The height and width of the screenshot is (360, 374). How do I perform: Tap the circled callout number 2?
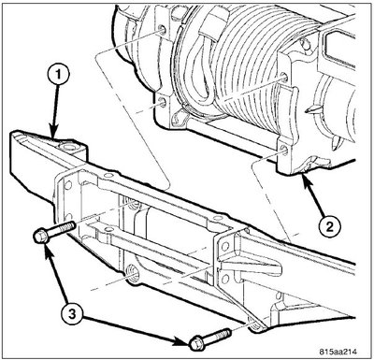329,225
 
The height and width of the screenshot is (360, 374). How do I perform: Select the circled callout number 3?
72,313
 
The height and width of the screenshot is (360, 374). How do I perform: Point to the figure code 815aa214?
338,352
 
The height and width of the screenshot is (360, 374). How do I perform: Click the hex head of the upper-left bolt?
40,238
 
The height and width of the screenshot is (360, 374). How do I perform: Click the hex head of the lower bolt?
196,344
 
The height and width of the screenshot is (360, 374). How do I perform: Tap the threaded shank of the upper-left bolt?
62,229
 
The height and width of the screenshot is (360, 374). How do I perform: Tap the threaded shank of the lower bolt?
217,336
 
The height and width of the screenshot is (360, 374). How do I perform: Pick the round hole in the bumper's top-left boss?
67,146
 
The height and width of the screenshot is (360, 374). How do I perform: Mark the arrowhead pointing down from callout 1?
54,133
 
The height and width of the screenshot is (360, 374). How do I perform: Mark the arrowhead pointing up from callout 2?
306,180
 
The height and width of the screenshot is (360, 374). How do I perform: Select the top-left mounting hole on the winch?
163,30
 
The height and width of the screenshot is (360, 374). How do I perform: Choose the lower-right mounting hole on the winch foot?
285,150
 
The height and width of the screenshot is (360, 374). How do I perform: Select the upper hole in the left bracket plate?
67,185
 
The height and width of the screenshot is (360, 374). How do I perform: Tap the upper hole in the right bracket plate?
224,247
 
